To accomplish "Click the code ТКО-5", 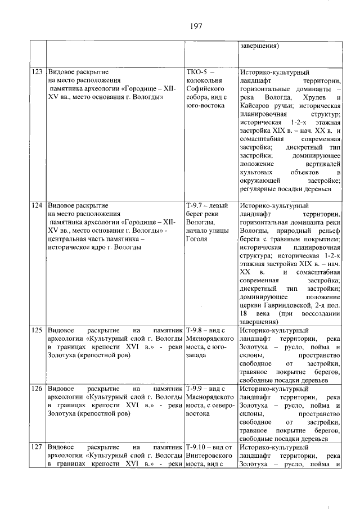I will tap(197, 73).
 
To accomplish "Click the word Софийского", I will tap(206, 89).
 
